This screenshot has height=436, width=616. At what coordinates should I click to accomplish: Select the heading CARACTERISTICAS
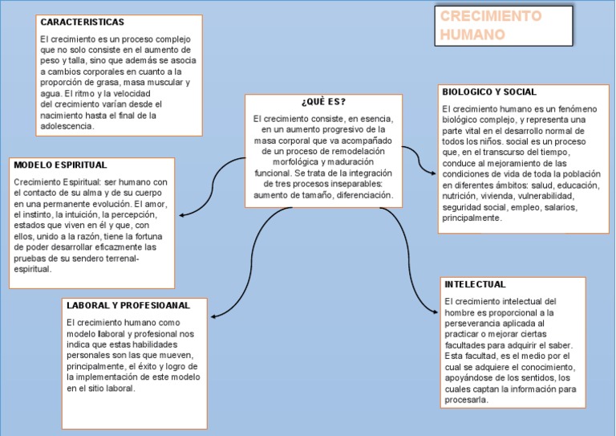[x=82, y=22]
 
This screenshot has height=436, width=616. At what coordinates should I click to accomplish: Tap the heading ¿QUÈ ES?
[x=323, y=101]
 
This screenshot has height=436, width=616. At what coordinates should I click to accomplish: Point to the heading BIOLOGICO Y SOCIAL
[x=489, y=92]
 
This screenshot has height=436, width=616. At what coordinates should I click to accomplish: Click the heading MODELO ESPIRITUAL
[x=60, y=165]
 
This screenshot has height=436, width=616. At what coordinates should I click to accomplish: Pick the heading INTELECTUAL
[x=474, y=284]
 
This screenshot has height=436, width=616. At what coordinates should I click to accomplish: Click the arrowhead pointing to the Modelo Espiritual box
[x=184, y=214]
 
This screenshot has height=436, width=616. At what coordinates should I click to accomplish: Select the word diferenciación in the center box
[x=365, y=195]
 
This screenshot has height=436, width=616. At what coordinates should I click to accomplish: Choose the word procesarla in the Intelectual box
[x=465, y=400]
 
